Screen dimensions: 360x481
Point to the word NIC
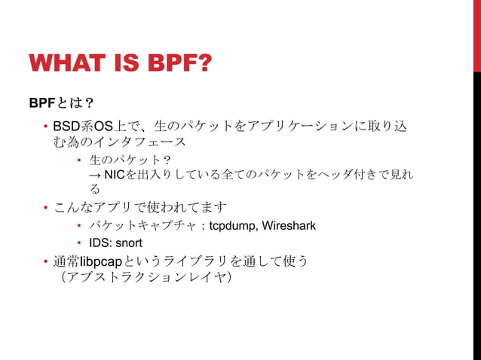(x=115, y=175)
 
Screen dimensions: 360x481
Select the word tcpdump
(x=234, y=226)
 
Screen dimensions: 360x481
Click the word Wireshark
(x=290, y=226)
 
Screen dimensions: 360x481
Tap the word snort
(x=128, y=243)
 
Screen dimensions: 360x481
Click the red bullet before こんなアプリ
(x=46, y=206)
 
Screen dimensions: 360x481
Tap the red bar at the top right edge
(x=476, y=34)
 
